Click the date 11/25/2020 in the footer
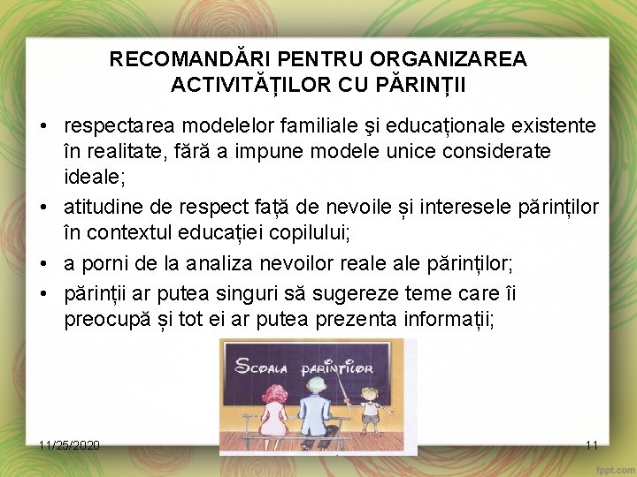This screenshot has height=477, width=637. [x=70, y=445]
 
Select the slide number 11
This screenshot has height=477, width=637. [x=592, y=445]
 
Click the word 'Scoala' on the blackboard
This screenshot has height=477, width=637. [x=260, y=359]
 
